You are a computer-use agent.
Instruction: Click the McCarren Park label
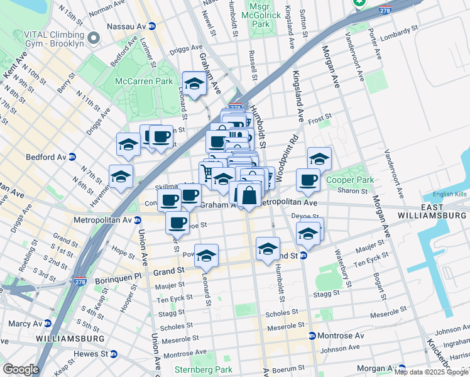click(143, 81)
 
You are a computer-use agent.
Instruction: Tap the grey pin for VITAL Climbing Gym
click(94, 38)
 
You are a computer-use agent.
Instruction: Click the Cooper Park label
click(349, 180)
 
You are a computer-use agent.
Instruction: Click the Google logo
click(21, 369)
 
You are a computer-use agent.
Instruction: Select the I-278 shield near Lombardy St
click(385, 11)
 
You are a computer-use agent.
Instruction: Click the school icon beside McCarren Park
click(195, 84)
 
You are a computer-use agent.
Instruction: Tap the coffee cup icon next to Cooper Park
click(308, 180)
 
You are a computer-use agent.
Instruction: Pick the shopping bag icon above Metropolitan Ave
click(249, 195)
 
